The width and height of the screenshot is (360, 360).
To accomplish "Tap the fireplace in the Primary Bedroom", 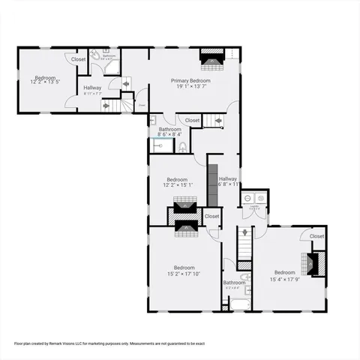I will pos(211,58).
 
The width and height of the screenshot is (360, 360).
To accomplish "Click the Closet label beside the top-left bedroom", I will pos(78,59).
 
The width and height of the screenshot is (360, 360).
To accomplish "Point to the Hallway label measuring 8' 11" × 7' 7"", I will pos(92,88).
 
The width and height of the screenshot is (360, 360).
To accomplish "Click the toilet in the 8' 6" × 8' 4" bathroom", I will pos(181,146).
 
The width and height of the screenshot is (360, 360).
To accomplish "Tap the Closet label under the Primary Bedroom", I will pos(192,120).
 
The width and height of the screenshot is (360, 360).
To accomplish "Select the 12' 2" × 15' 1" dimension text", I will pos(177,185).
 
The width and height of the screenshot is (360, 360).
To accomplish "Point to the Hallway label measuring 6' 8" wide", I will pos(228,178).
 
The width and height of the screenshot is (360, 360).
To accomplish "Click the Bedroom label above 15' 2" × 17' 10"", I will pos(184,268).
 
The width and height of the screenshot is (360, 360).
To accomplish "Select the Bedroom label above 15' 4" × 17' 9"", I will pos(284,272).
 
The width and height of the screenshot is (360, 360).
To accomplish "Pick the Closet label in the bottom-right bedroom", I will pos(316,236).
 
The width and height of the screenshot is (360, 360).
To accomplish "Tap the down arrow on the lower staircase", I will pos(244,235).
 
